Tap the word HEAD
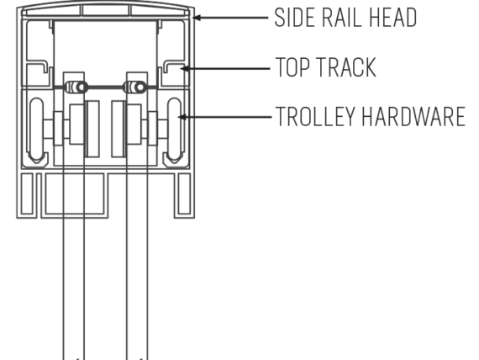[393, 18]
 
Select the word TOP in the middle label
[293, 67]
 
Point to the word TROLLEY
[316, 116]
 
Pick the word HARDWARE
[413, 116]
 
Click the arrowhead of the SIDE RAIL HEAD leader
[197, 18]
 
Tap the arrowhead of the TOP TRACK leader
[184, 68]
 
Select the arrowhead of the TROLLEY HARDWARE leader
[182, 117]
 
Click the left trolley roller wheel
[37, 130]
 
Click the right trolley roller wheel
[175, 130]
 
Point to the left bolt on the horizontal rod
[76, 87]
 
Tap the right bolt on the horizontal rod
[134, 87]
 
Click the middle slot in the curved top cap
[105, 10]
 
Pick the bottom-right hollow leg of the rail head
[184, 195]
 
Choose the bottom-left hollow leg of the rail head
[27, 195]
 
